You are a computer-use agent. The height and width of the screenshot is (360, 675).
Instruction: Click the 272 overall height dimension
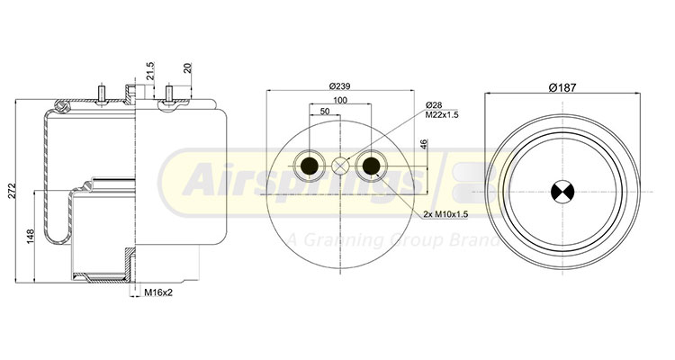tap(12, 191)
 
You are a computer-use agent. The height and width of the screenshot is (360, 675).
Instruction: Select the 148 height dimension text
tap(30, 237)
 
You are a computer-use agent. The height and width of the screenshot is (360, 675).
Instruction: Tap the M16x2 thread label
tap(158, 292)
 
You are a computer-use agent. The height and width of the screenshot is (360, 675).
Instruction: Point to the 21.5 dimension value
tap(149, 71)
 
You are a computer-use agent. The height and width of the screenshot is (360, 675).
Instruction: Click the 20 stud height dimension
tap(187, 68)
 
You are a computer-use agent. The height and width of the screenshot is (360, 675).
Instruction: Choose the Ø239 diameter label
tap(339, 86)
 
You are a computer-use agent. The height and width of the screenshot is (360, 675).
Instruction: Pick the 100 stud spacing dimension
tap(340, 100)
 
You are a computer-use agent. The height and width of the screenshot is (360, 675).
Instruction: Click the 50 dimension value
tap(325, 112)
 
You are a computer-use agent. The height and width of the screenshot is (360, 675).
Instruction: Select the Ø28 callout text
tap(434, 105)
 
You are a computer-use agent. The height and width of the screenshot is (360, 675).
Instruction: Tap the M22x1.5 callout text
tap(442, 115)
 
